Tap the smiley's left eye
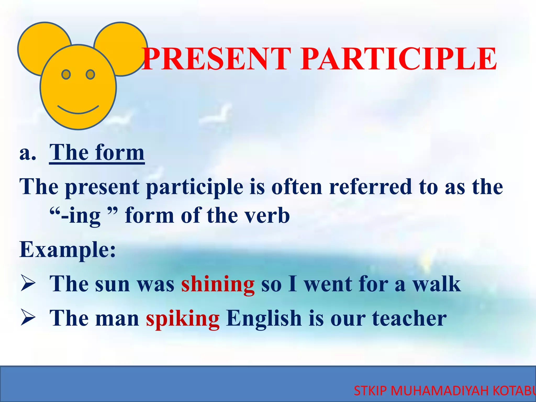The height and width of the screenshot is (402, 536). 66,75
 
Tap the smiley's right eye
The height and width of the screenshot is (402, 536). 90,75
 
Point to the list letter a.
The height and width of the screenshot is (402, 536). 27,153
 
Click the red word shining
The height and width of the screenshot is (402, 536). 218,284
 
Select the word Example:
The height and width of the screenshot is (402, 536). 68,250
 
